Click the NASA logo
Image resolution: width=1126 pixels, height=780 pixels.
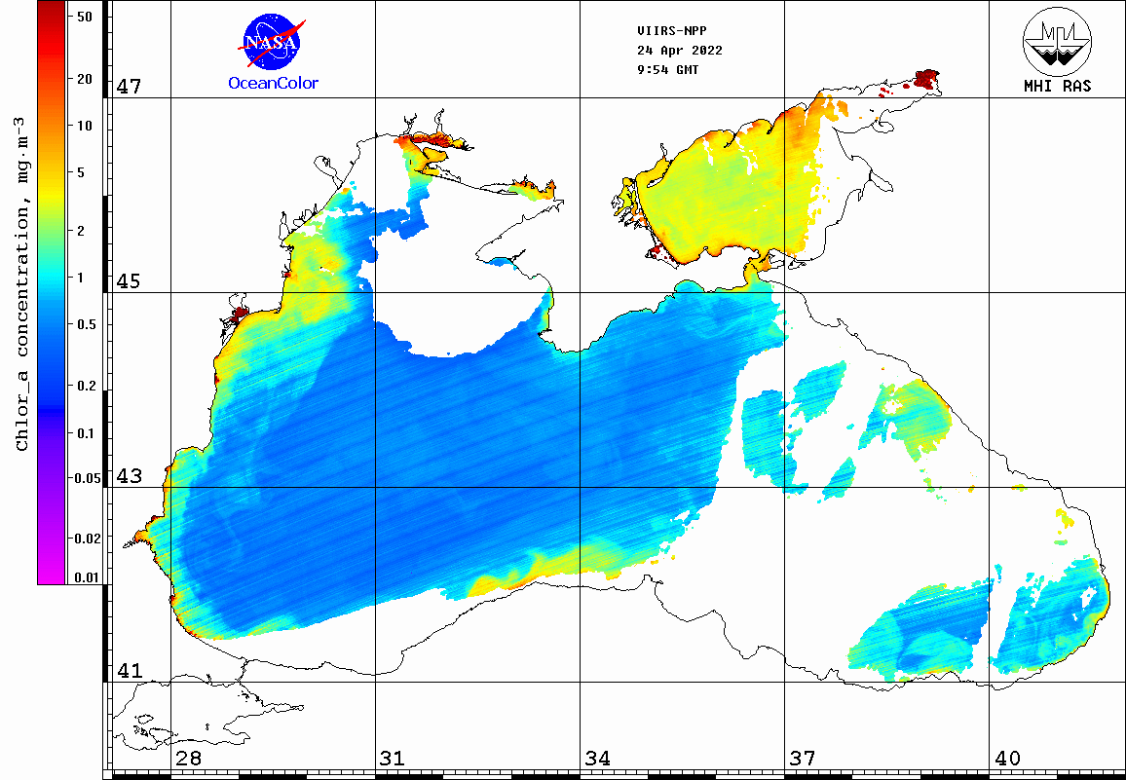tap(273, 40)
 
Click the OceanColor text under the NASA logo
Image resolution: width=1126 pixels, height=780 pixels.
tap(273, 84)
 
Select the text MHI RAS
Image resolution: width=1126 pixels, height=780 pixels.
tap(1057, 86)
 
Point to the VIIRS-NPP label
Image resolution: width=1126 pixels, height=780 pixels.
tap(665, 30)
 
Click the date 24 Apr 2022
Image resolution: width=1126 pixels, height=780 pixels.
tap(679, 50)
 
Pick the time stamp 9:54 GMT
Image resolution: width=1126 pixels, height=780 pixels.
tap(667, 69)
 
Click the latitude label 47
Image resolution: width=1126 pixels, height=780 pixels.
tap(129, 87)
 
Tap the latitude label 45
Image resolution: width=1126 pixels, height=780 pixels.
tap(129, 281)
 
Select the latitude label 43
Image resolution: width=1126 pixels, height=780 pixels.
tap(129, 476)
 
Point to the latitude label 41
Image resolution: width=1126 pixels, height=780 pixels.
tap(129, 671)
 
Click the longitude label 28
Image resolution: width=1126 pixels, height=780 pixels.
tap(188, 759)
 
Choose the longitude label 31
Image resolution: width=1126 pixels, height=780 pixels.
tap(393, 759)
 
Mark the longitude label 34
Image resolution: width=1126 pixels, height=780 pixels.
tap(597, 759)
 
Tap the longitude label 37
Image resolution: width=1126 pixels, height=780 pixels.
tap(802, 759)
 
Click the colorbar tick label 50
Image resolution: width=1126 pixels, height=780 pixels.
tap(84, 17)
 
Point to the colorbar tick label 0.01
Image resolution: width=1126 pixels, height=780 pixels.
tap(87, 577)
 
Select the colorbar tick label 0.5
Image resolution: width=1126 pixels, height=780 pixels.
tap(87, 324)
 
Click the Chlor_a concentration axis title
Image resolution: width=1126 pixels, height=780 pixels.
tap(22, 282)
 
